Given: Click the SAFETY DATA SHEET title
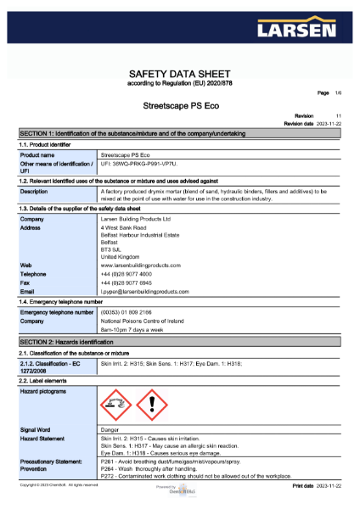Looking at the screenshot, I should [179, 75].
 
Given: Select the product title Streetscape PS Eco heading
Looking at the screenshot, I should [179, 108].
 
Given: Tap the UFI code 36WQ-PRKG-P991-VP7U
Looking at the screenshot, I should [140, 165].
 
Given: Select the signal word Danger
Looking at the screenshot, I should [110, 430].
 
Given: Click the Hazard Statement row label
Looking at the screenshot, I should [44, 439].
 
